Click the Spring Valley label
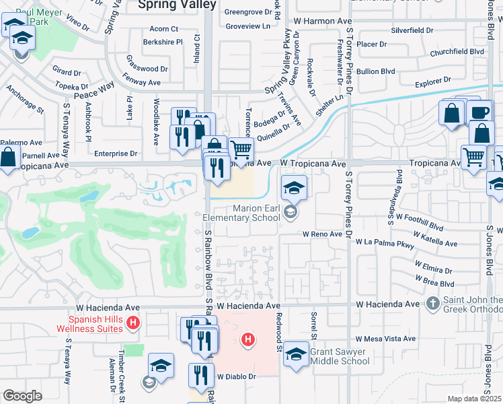(177, 5)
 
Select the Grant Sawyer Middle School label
(341, 356)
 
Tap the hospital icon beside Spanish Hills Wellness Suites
(134, 324)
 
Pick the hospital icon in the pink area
(248, 339)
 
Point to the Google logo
(22, 396)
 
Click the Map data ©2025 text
(475, 399)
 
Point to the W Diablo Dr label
(237, 376)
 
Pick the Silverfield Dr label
(412, 31)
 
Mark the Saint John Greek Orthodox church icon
(433, 304)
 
